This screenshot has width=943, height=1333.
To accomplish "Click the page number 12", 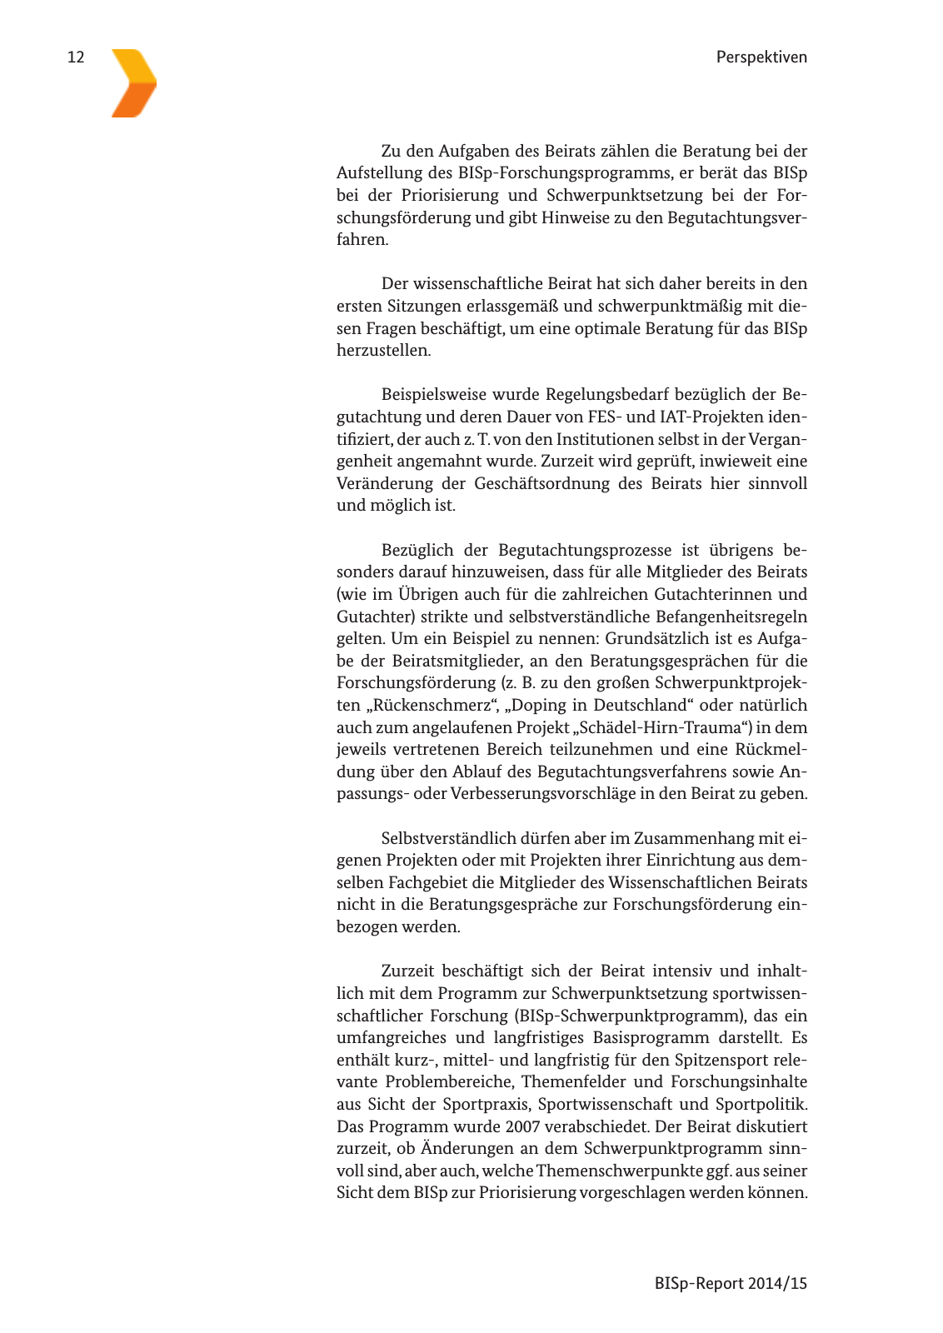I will [76, 57].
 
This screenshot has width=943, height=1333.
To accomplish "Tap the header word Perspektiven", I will [761, 57].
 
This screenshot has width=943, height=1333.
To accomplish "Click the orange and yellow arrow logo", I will [133, 83].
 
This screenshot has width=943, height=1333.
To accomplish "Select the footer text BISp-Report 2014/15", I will [731, 1283].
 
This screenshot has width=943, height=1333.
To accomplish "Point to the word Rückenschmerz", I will [432, 706].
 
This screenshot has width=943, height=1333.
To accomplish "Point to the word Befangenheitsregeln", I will [731, 617].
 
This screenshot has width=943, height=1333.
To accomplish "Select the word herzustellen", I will [383, 350].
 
